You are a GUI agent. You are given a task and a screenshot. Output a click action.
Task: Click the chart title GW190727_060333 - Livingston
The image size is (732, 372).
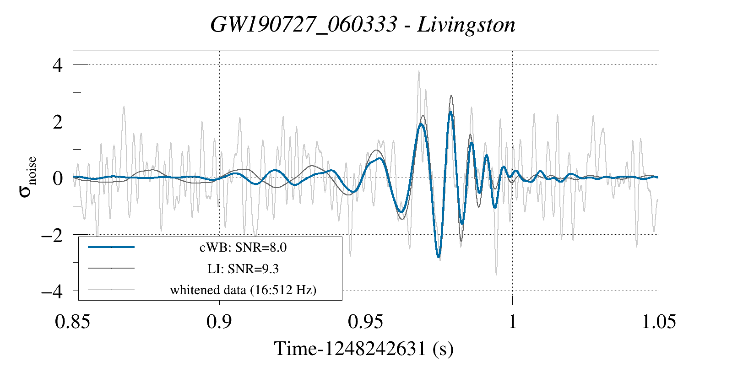click(x=363, y=25)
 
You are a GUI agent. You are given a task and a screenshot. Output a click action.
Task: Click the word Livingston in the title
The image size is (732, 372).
click(x=466, y=25)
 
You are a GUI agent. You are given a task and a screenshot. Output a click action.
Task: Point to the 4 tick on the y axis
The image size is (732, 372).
click(x=57, y=65)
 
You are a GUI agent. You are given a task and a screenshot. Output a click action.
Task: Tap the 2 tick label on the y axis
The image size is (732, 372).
click(x=57, y=122)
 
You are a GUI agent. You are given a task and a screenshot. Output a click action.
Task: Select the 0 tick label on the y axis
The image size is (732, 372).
click(x=57, y=178)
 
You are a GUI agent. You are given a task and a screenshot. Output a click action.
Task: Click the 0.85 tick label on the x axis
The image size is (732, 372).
click(x=72, y=322)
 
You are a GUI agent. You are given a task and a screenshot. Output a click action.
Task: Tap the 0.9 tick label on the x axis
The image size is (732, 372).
click(x=219, y=322)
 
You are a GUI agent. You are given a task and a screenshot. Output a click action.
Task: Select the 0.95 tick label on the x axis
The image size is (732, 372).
click(x=365, y=322)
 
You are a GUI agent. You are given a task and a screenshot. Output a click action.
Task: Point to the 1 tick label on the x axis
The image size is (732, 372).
click(x=512, y=322)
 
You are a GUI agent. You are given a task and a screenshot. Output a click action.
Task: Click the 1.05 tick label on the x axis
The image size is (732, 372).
click(x=658, y=322)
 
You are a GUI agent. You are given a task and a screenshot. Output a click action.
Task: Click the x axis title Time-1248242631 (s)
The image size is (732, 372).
click(x=364, y=349)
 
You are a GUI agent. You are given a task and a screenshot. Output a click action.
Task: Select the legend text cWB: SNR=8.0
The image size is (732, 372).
click(x=243, y=248)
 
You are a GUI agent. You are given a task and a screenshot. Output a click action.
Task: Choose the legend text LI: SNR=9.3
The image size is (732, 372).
click(x=243, y=269)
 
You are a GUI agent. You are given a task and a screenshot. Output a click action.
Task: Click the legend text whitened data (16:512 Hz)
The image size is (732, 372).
click(x=243, y=290)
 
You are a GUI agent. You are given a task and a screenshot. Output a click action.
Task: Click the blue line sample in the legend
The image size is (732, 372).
click(x=111, y=247)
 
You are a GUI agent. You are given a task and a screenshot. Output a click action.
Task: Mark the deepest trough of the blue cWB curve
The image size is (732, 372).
click(x=439, y=257)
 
